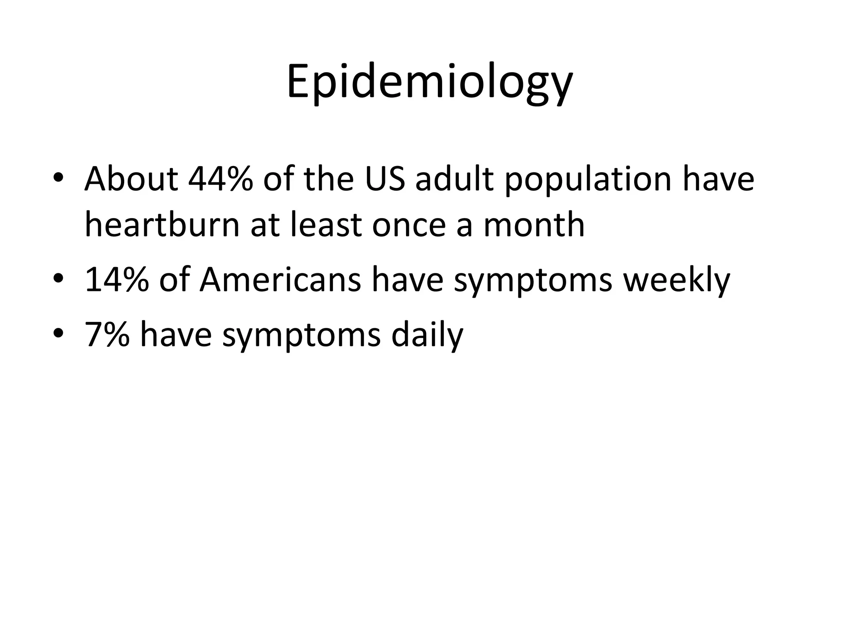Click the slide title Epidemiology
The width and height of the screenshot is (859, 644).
[429, 82]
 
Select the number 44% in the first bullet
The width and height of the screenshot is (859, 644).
[221, 179]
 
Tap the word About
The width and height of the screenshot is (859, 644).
[131, 179]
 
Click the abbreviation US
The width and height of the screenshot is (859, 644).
[385, 179]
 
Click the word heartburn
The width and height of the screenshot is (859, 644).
[162, 225]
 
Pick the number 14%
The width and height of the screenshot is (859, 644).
[117, 280]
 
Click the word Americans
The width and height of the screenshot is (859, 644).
[280, 280]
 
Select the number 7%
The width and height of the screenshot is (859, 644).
[107, 335]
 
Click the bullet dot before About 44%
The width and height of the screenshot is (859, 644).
[58, 178]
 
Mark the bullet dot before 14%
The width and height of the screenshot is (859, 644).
[58, 279]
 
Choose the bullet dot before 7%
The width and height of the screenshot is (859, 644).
[58, 333]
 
